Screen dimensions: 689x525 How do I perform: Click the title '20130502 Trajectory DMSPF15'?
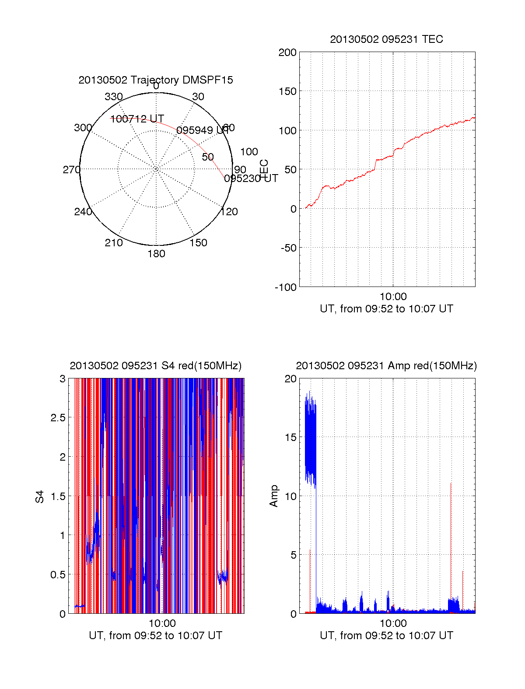156,80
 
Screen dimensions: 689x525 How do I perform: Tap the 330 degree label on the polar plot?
114,97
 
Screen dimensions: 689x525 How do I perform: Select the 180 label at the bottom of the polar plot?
156,254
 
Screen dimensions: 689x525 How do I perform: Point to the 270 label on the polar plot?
71,170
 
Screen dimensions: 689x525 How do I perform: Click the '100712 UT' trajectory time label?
137,119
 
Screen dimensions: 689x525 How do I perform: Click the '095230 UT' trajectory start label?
251,178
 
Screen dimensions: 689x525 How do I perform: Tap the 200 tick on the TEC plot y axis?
287,52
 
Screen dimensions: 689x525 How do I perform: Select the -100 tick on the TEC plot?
286,287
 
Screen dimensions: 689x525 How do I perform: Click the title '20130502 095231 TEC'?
386,39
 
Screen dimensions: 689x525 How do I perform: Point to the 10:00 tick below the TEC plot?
393,297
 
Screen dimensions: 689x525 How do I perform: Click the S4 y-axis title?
40,497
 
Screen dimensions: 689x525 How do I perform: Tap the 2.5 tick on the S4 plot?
58,418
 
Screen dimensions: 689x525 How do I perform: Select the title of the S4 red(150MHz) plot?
155,366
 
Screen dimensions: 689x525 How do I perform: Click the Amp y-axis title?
274,496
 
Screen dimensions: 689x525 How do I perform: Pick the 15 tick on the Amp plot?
290,437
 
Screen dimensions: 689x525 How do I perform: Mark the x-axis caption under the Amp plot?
386,636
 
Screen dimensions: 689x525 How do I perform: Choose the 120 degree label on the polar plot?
229,212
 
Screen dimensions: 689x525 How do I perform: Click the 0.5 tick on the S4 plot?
58,575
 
